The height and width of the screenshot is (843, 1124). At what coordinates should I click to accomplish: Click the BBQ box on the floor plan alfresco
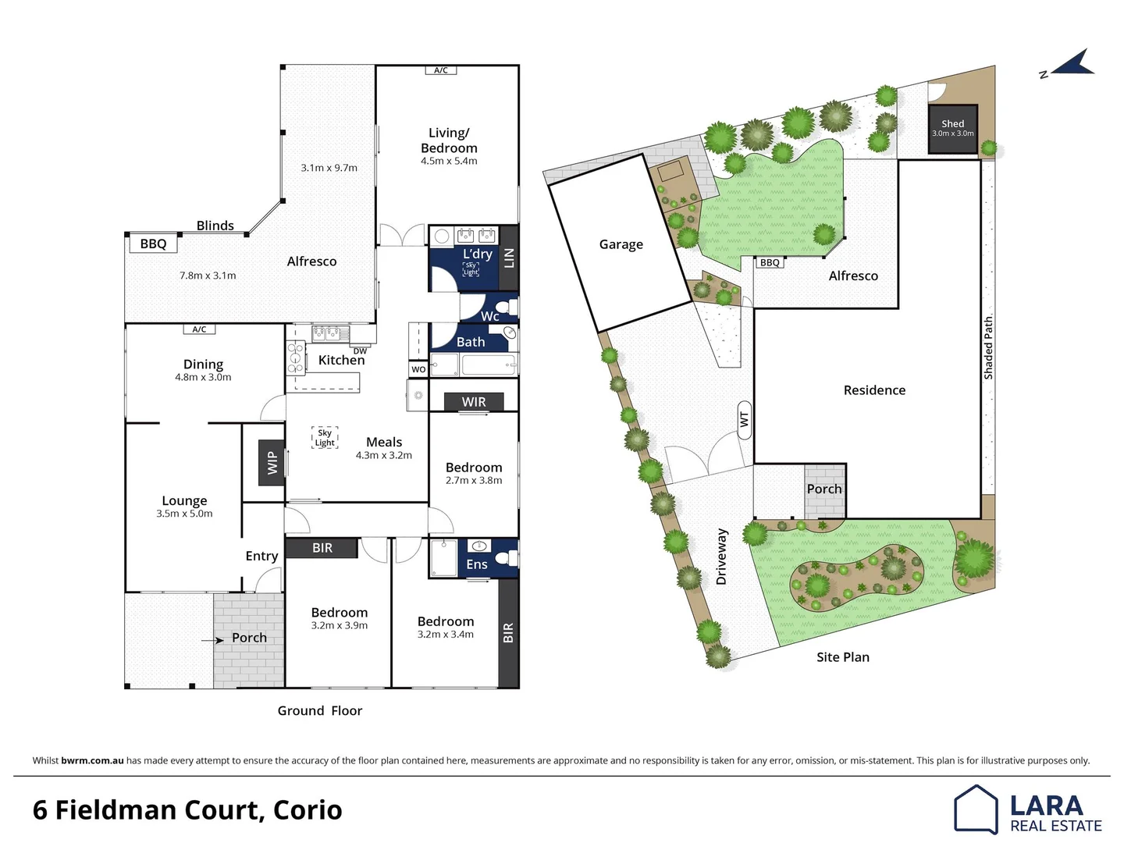tap(153, 244)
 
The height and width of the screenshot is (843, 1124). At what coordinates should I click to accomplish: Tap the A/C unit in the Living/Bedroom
tap(441, 70)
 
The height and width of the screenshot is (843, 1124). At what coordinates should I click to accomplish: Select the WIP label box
tap(272, 462)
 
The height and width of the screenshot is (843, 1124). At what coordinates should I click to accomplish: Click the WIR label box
tap(474, 401)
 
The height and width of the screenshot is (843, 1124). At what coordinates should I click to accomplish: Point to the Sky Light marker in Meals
tap(325, 438)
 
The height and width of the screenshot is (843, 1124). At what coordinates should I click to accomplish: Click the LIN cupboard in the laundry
tap(509, 258)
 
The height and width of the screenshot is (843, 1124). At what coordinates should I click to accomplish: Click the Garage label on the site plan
tap(621, 244)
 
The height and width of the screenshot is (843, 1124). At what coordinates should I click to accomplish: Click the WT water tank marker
tap(744, 418)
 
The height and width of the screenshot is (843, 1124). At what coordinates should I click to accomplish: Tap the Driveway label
tap(721, 557)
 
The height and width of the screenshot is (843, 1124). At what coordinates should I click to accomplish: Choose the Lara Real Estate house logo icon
tap(976, 809)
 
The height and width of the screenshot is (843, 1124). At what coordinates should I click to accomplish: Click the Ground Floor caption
tap(320, 710)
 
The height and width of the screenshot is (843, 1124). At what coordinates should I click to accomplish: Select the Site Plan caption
tap(843, 657)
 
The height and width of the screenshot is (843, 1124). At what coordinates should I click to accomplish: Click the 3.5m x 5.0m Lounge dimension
tap(184, 514)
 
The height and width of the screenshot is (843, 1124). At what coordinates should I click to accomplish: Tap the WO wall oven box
tap(418, 369)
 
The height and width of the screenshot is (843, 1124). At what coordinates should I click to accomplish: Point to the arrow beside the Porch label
tap(212, 640)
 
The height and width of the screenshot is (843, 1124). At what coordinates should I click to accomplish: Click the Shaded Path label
tap(988, 348)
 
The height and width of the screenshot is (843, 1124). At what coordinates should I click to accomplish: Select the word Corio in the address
tap(308, 810)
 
